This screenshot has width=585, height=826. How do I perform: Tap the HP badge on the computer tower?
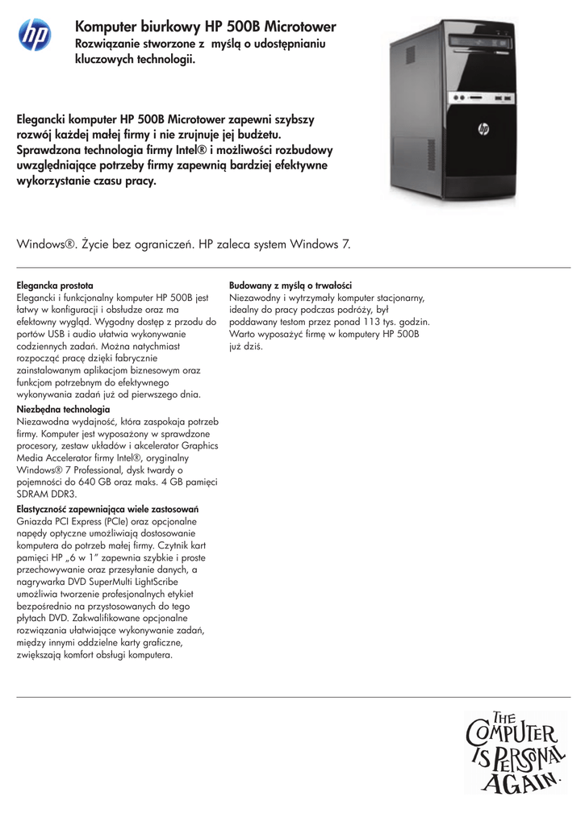pyautogui.click(x=483, y=127)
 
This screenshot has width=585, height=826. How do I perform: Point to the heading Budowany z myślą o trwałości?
pyautogui.click(x=290, y=286)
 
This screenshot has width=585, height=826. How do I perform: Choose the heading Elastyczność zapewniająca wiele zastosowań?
pyautogui.click(x=108, y=510)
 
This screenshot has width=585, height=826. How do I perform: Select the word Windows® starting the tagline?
pyautogui.click(x=47, y=244)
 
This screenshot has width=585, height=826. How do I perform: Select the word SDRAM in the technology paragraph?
pyautogui.click(x=34, y=494)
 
